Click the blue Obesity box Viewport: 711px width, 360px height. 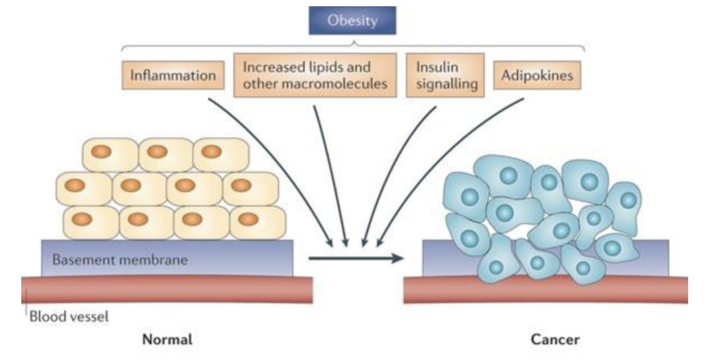(352, 21)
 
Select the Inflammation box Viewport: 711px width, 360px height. (173, 75)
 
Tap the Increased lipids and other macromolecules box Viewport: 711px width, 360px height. (314, 75)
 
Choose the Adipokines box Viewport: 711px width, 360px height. (537, 75)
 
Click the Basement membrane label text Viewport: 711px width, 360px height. (120, 259)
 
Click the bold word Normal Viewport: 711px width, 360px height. (168, 339)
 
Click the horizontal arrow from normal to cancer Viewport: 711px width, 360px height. (355, 258)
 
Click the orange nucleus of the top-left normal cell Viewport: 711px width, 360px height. (102, 152)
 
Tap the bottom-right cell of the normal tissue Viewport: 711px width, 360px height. (257, 221)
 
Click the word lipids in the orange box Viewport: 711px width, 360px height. (327, 67)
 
